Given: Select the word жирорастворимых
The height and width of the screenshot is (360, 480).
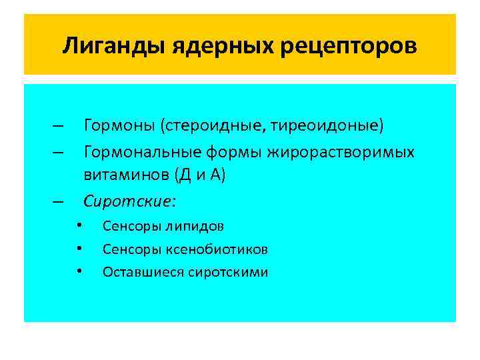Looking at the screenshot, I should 341,153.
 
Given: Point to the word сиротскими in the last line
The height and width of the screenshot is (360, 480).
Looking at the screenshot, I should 229,272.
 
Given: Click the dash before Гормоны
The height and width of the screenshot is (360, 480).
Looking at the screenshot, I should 59,125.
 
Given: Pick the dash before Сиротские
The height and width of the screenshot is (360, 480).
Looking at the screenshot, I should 59,201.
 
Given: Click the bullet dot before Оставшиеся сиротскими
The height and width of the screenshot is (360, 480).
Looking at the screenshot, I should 79,271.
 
